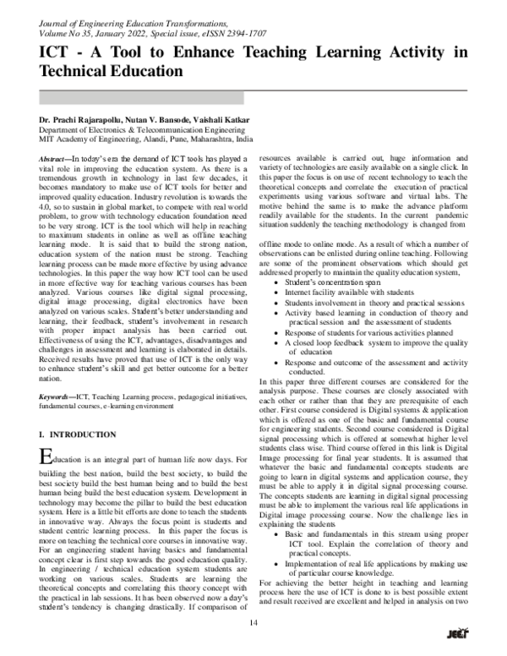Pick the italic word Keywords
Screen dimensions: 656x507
57,394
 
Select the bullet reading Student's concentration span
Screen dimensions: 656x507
332,280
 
